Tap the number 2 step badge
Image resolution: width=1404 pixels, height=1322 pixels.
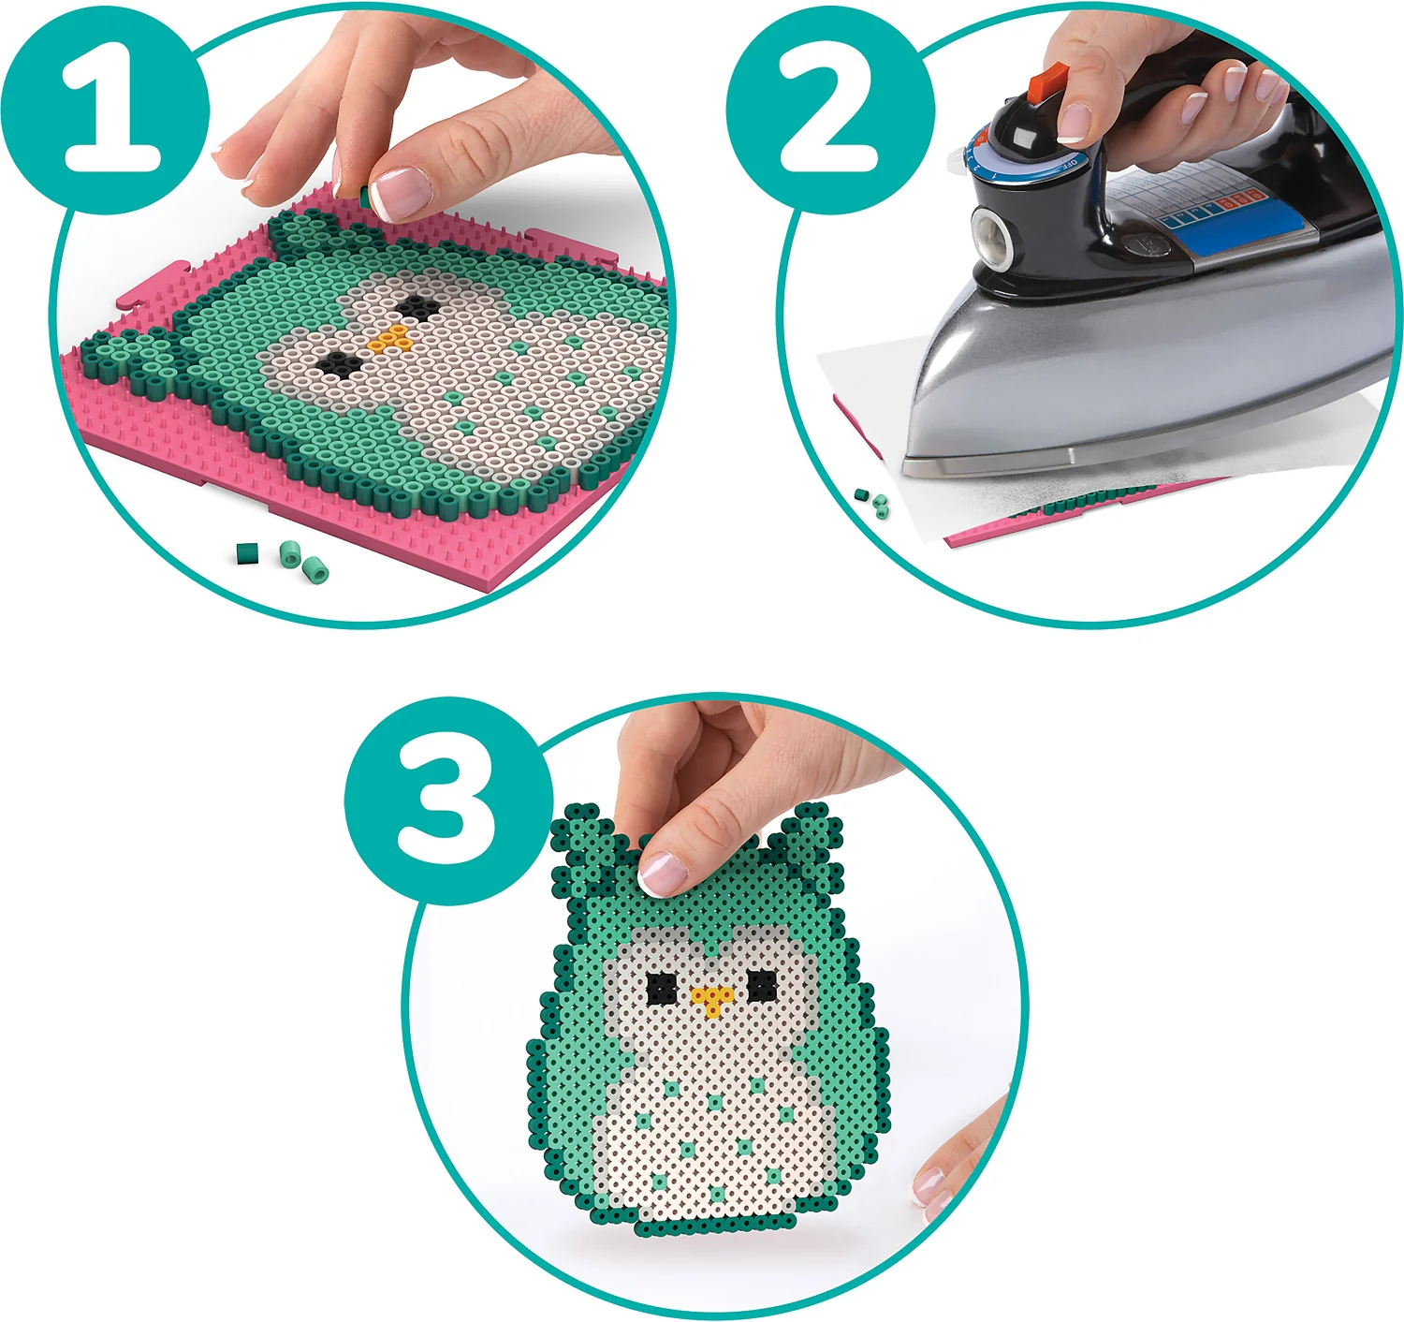(830, 110)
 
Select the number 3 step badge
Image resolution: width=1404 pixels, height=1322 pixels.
(448, 801)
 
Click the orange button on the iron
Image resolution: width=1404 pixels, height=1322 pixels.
(1046, 81)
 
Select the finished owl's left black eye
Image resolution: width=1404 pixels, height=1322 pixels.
(662, 987)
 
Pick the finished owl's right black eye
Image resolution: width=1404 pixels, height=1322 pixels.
(762, 985)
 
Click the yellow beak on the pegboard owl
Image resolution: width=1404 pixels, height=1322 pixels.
(390, 339)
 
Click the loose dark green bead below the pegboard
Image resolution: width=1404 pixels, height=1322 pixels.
(247, 552)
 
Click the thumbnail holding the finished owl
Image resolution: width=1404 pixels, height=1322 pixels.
(664, 874)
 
